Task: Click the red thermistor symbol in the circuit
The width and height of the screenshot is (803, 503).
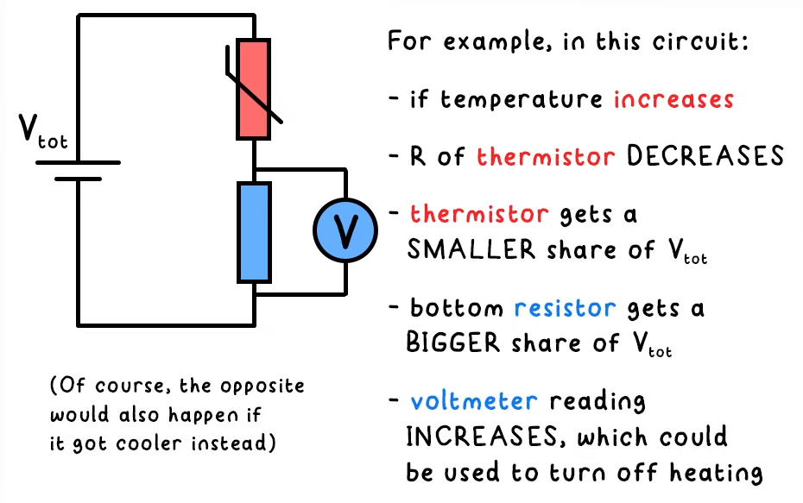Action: [254, 89]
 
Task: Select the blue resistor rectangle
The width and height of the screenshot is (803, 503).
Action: [254, 232]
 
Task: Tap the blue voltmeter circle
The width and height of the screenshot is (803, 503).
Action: [345, 230]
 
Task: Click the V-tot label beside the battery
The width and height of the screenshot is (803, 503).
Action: [43, 131]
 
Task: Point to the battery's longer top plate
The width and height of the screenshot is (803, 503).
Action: [78, 163]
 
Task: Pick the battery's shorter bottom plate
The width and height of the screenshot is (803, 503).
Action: [78, 179]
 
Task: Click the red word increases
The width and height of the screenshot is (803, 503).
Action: [674, 98]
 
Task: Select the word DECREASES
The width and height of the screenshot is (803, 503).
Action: [705, 155]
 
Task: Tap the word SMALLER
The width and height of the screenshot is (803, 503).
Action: [471, 249]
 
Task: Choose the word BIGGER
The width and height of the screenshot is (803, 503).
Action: [452, 342]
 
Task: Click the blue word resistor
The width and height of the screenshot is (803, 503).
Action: [565, 307]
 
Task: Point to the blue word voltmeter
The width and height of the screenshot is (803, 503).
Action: [474, 401]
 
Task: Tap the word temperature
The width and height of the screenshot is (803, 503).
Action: [522, 99]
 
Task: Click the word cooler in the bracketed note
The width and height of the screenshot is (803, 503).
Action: [149, 443]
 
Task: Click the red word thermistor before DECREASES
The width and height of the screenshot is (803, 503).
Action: [546, 156]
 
